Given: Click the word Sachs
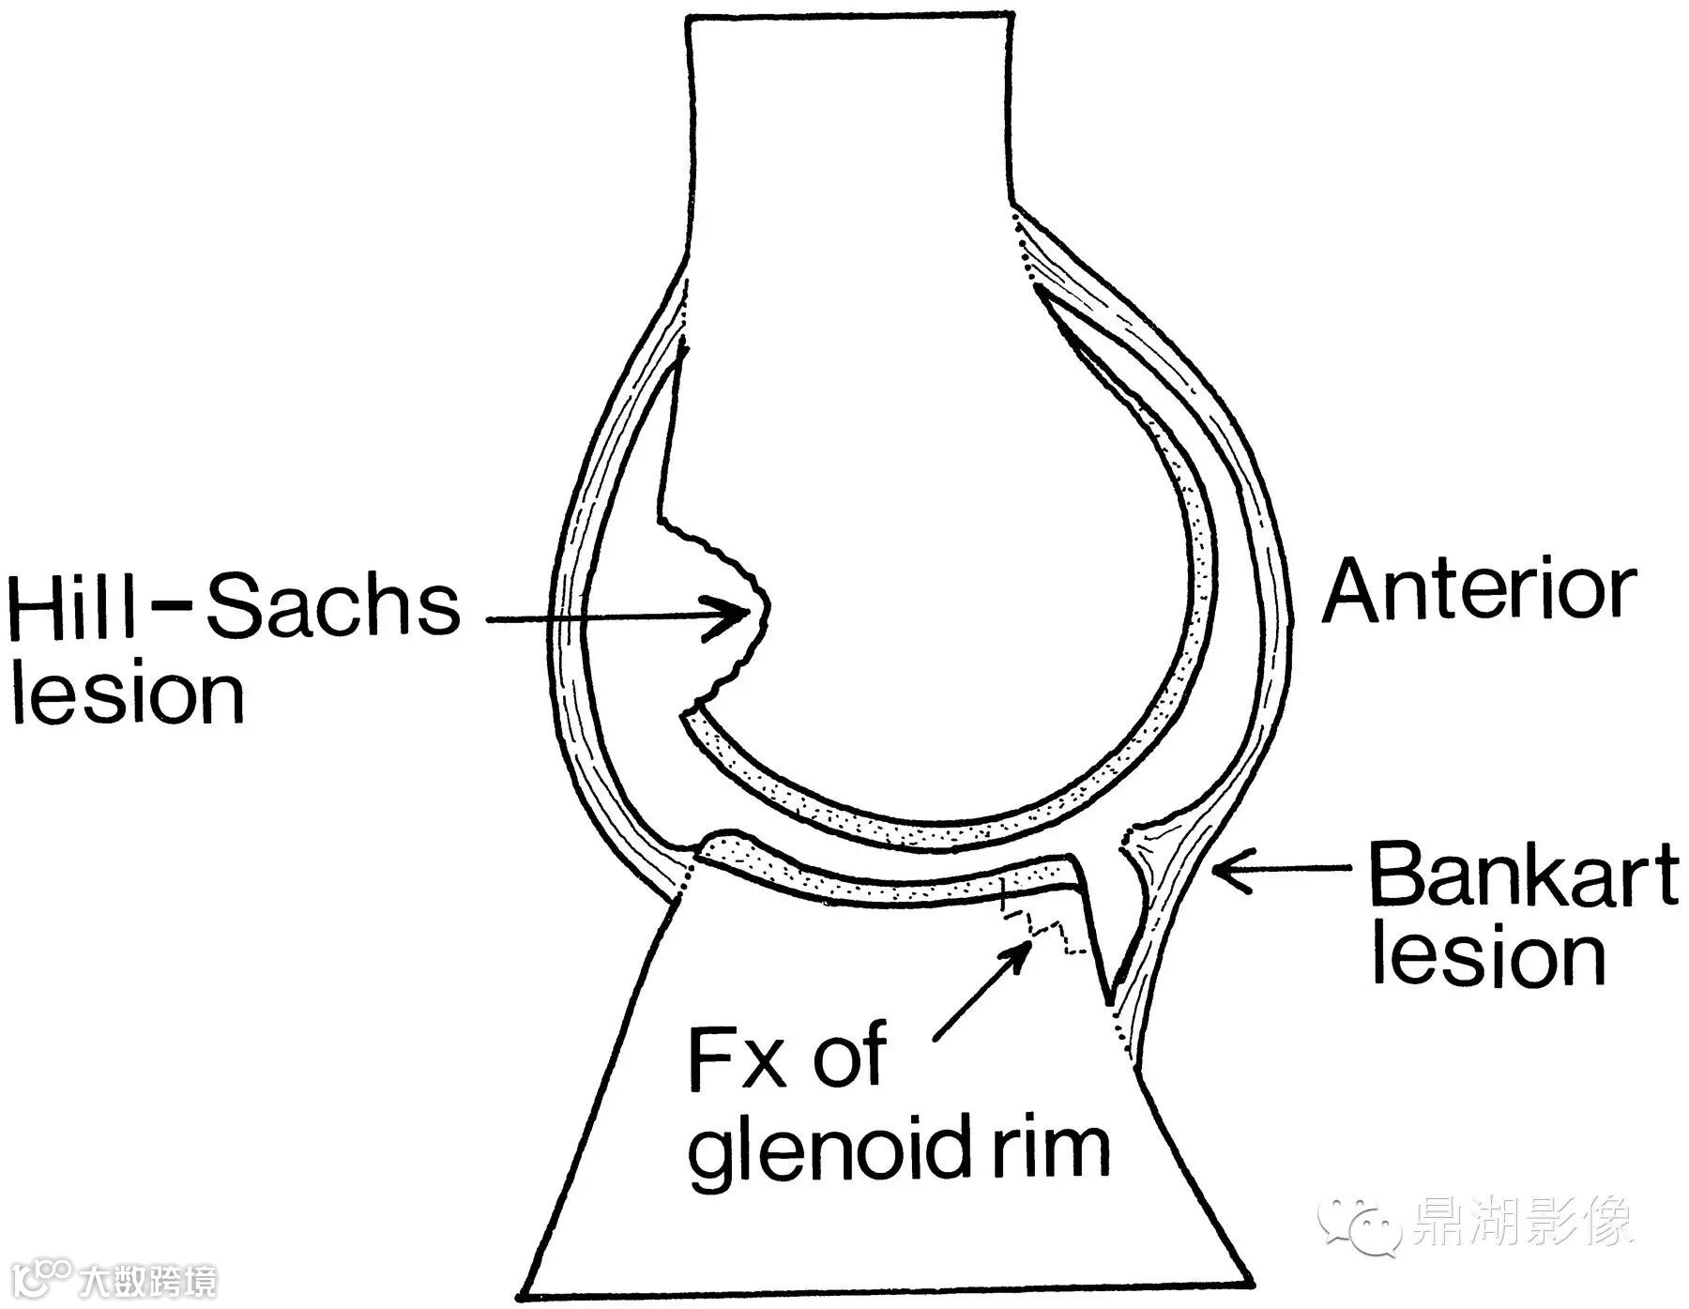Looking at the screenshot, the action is pyautogui.click(x=332, y=606).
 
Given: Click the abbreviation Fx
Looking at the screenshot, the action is pyautogui.click(x=736, y=1058).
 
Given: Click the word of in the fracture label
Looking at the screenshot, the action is pyautogui.click(x=848, y=1057).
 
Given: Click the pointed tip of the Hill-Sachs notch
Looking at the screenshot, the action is pyautogui.click(x=765, y=610).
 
